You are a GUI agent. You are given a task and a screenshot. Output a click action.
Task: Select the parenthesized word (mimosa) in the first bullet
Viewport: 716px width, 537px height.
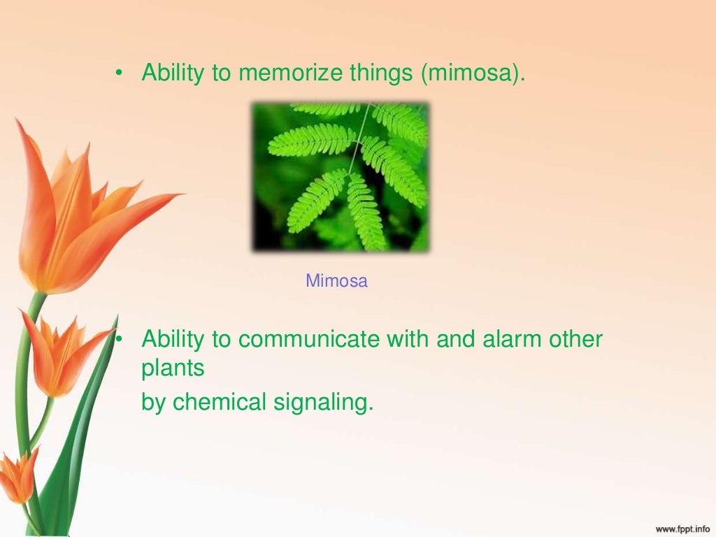[x=472, y=73]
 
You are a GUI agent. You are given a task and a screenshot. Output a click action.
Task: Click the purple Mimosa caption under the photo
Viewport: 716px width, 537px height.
[x=336, y=282]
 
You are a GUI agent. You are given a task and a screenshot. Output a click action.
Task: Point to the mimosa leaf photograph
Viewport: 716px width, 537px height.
[x=341, y=177]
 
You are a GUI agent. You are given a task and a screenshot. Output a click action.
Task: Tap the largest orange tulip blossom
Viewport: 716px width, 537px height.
[x=77, y=210]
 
